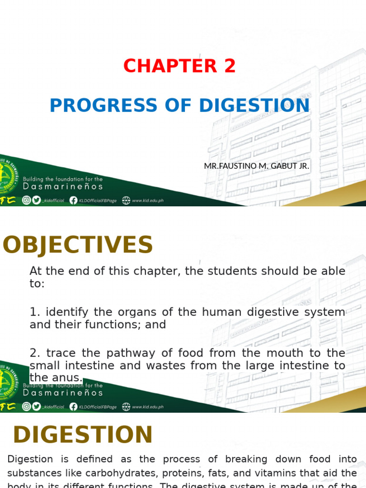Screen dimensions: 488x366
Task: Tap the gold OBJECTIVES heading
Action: [x=78, y=245]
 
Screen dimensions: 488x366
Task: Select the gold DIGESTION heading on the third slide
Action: [x=82, y=435]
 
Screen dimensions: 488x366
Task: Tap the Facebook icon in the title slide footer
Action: [x=73, y=201]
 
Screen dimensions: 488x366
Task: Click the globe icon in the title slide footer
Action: [x=126, y=201]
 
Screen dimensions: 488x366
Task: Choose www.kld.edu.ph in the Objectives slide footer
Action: [x=148, y=407]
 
